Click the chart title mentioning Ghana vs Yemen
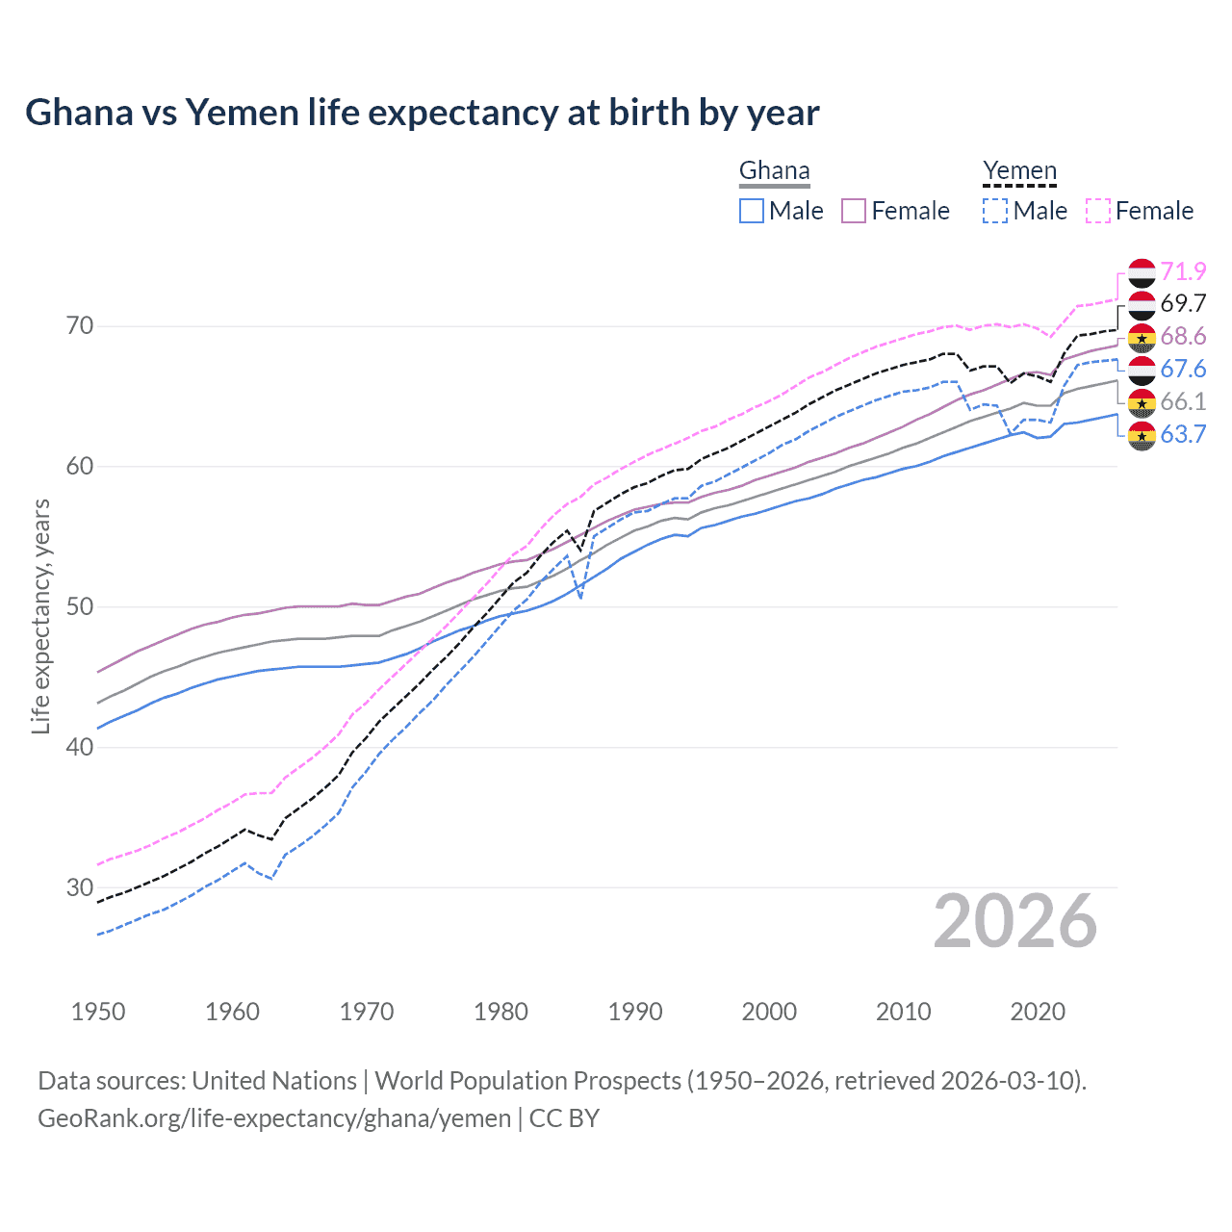422,113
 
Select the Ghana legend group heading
774,171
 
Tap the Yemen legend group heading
1019,171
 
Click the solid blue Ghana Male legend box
752,211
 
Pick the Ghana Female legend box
854,211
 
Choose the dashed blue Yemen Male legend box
995,211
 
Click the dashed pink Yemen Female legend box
1097,211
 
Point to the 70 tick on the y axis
80,326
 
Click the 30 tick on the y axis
80,887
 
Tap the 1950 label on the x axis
98,1012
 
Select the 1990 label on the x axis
635,1012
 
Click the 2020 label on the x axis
1038,1012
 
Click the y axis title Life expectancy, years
40,616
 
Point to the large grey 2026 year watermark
1014,921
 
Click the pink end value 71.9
1183,271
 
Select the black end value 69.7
1183,304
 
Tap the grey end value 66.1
1183,401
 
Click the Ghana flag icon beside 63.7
1142,435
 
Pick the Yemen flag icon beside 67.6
1142,370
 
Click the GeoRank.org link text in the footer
274,1118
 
